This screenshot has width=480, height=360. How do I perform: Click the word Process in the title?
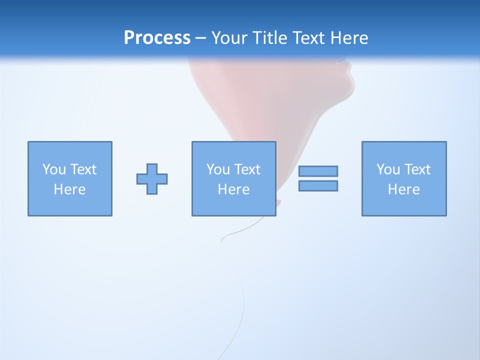(x=157, y=38)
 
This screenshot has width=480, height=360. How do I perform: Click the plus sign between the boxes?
(x=152, y=179)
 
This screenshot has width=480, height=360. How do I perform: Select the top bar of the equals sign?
(x=318, y=171)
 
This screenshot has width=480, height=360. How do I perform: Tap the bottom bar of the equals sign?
(x=318, y=185)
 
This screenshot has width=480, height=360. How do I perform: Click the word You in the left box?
(x=54, y=169)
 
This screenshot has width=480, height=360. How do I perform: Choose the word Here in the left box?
(x=69, y=189)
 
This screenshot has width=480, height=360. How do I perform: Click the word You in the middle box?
(x=218, y=169)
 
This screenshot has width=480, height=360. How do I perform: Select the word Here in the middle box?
(x=233, y=189)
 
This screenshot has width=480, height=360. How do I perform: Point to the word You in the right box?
(x=388, y=169)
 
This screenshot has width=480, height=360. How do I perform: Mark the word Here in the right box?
(x=403, y=189)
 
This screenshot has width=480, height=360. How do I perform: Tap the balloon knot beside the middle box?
(x=278, y=202)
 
